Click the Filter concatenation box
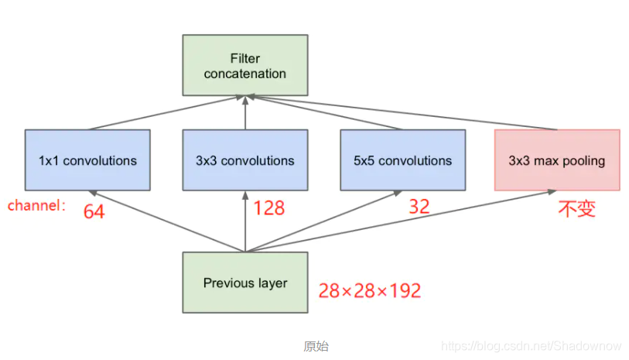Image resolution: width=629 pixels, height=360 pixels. [x=245, y=66]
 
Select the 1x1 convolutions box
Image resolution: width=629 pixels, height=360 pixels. [x=87, y=160]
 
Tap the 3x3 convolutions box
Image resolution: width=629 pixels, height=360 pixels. [x=245, y=160]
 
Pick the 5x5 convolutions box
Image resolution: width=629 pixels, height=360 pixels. [x=402, y=160]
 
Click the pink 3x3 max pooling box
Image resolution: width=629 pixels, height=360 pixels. [x=557, y=160]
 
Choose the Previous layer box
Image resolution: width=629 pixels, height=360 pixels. [x=245, y=283]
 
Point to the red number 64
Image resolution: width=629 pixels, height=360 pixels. [x=94, y=211]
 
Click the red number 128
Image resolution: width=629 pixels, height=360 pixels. [x=268, y=207]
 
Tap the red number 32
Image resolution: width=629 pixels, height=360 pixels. [x=419, y=206]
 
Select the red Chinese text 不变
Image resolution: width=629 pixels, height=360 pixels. [x=577, y=208]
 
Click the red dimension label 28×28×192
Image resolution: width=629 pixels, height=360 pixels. [x=370, y=290]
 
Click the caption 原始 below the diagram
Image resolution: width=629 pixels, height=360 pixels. [x=316, y=346]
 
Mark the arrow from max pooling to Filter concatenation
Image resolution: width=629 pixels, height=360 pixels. [x=402, y=113]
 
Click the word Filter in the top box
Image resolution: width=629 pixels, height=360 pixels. [x=245, y=58]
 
